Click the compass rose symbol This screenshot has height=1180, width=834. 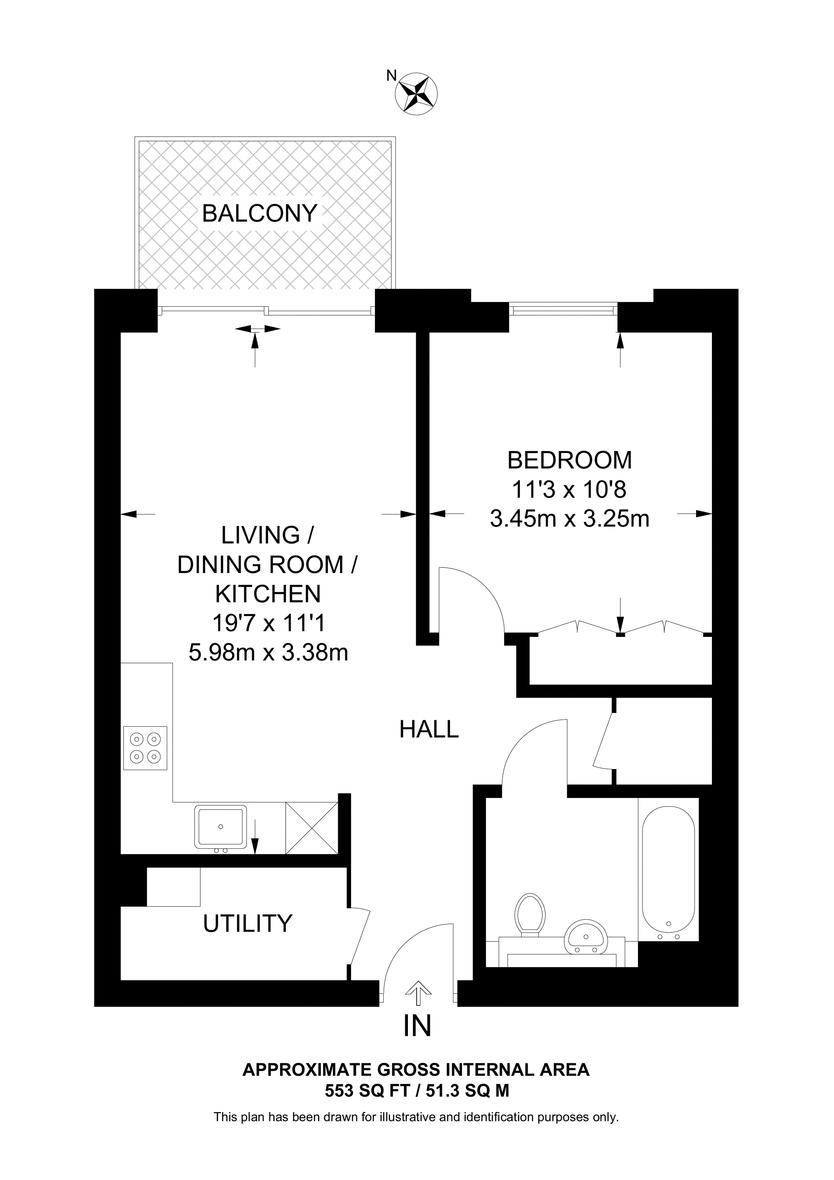[416, 94]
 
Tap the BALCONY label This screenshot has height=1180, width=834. [260, 213]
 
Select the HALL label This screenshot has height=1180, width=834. [429, 729]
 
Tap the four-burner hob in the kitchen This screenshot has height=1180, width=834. [146, 748]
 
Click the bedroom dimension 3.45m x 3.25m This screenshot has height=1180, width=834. [569, 519]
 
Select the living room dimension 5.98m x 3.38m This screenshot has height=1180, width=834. [268, 653]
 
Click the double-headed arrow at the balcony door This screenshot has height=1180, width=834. [258, 328]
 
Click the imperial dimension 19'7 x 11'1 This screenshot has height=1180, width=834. [268, 624]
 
